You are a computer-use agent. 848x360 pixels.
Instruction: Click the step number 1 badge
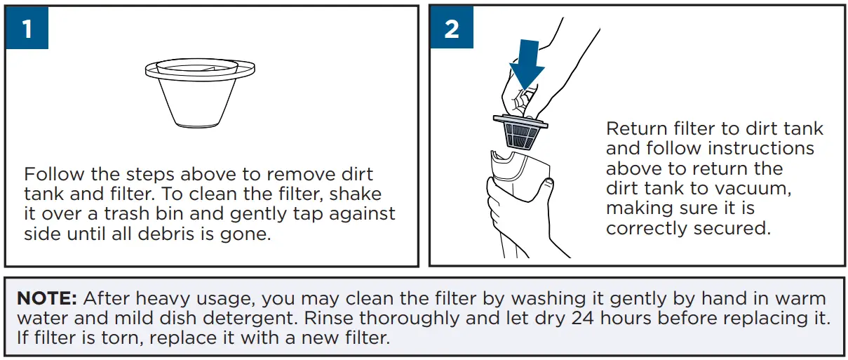27,29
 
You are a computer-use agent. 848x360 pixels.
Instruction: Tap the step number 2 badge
451,29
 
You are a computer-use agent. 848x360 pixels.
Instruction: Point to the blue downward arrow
527,63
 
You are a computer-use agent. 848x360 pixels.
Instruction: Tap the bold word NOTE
47,298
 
